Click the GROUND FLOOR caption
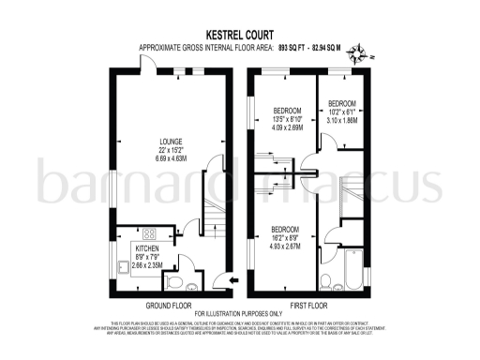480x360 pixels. click(x=170, y=306)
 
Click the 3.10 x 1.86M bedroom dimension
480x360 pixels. click(x=341, y=120)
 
